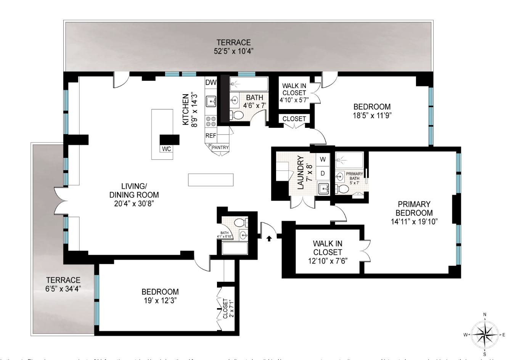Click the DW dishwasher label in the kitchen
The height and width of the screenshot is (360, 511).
pos(211,82)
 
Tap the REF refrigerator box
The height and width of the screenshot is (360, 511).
pos(211,135)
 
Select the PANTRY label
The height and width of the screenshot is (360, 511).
pos(220,148)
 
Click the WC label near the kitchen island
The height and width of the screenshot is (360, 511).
pos(166,149)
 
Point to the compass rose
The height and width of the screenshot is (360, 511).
pos(484,334)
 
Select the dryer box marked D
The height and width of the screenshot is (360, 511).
pos(323,173)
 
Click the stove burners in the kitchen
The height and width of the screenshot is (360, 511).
pos(211,121)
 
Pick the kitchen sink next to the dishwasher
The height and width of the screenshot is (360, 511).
pos(211,101)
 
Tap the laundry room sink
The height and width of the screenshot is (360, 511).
pos(324,188)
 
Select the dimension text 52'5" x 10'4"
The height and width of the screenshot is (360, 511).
pos(234,51)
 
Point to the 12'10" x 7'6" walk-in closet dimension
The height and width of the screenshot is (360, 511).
pos(327,261)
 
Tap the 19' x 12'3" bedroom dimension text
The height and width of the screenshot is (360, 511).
pos(160,300)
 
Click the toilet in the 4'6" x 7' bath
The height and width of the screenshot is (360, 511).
pos(238,115)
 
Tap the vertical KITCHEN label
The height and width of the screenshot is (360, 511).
pos(185,109)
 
